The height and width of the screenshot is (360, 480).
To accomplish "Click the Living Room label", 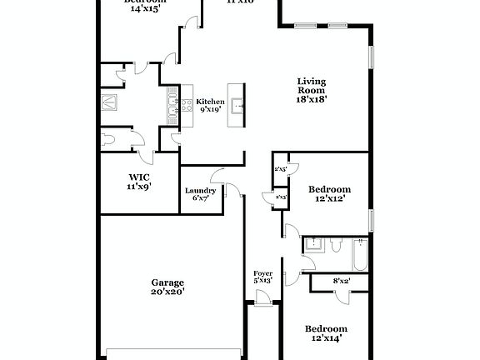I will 312,89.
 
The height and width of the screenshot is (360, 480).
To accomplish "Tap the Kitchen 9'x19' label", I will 210,105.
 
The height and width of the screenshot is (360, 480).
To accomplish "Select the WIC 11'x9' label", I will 138,181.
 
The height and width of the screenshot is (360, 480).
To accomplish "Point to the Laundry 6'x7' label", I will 200,194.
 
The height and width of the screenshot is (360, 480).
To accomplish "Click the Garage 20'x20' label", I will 167,287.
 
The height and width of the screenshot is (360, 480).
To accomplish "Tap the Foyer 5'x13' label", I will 262,277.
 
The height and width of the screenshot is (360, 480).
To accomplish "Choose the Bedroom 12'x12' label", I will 329,194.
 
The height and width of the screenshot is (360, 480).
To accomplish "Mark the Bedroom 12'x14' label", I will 325,332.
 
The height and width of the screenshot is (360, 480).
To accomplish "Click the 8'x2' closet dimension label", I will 342,282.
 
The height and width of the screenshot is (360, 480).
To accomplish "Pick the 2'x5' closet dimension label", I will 280,169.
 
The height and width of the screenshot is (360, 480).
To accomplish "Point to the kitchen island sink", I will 237,105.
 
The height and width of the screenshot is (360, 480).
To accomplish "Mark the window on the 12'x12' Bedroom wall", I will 372,220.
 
